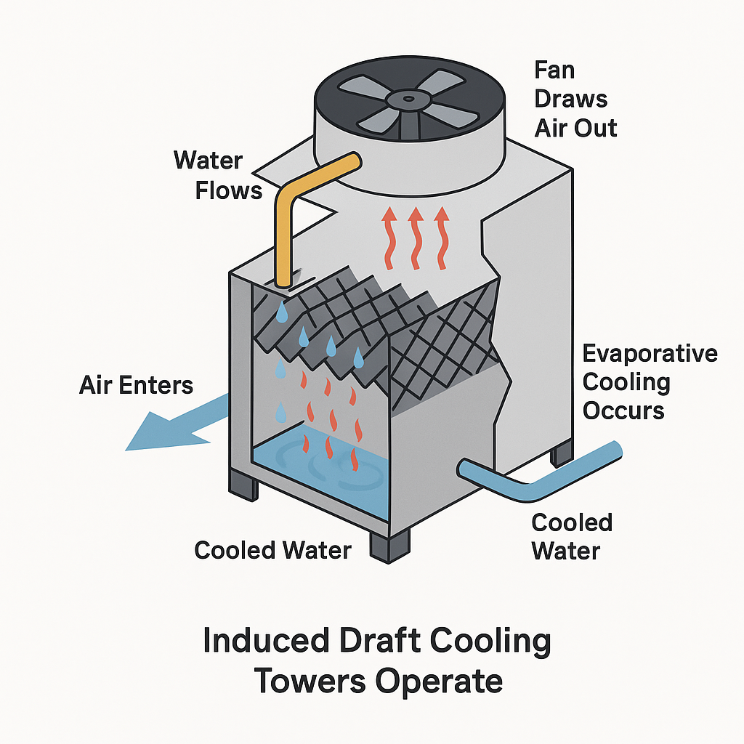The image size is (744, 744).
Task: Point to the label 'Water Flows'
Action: coord(217,174)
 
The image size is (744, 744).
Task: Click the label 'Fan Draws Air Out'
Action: coord(575,100)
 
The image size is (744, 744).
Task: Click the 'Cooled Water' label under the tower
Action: coord(272,550)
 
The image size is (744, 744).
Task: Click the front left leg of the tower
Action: coord(243,483)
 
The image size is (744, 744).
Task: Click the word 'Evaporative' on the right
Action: coord(650,354)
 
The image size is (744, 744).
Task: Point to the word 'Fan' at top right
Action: coord(554,70)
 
